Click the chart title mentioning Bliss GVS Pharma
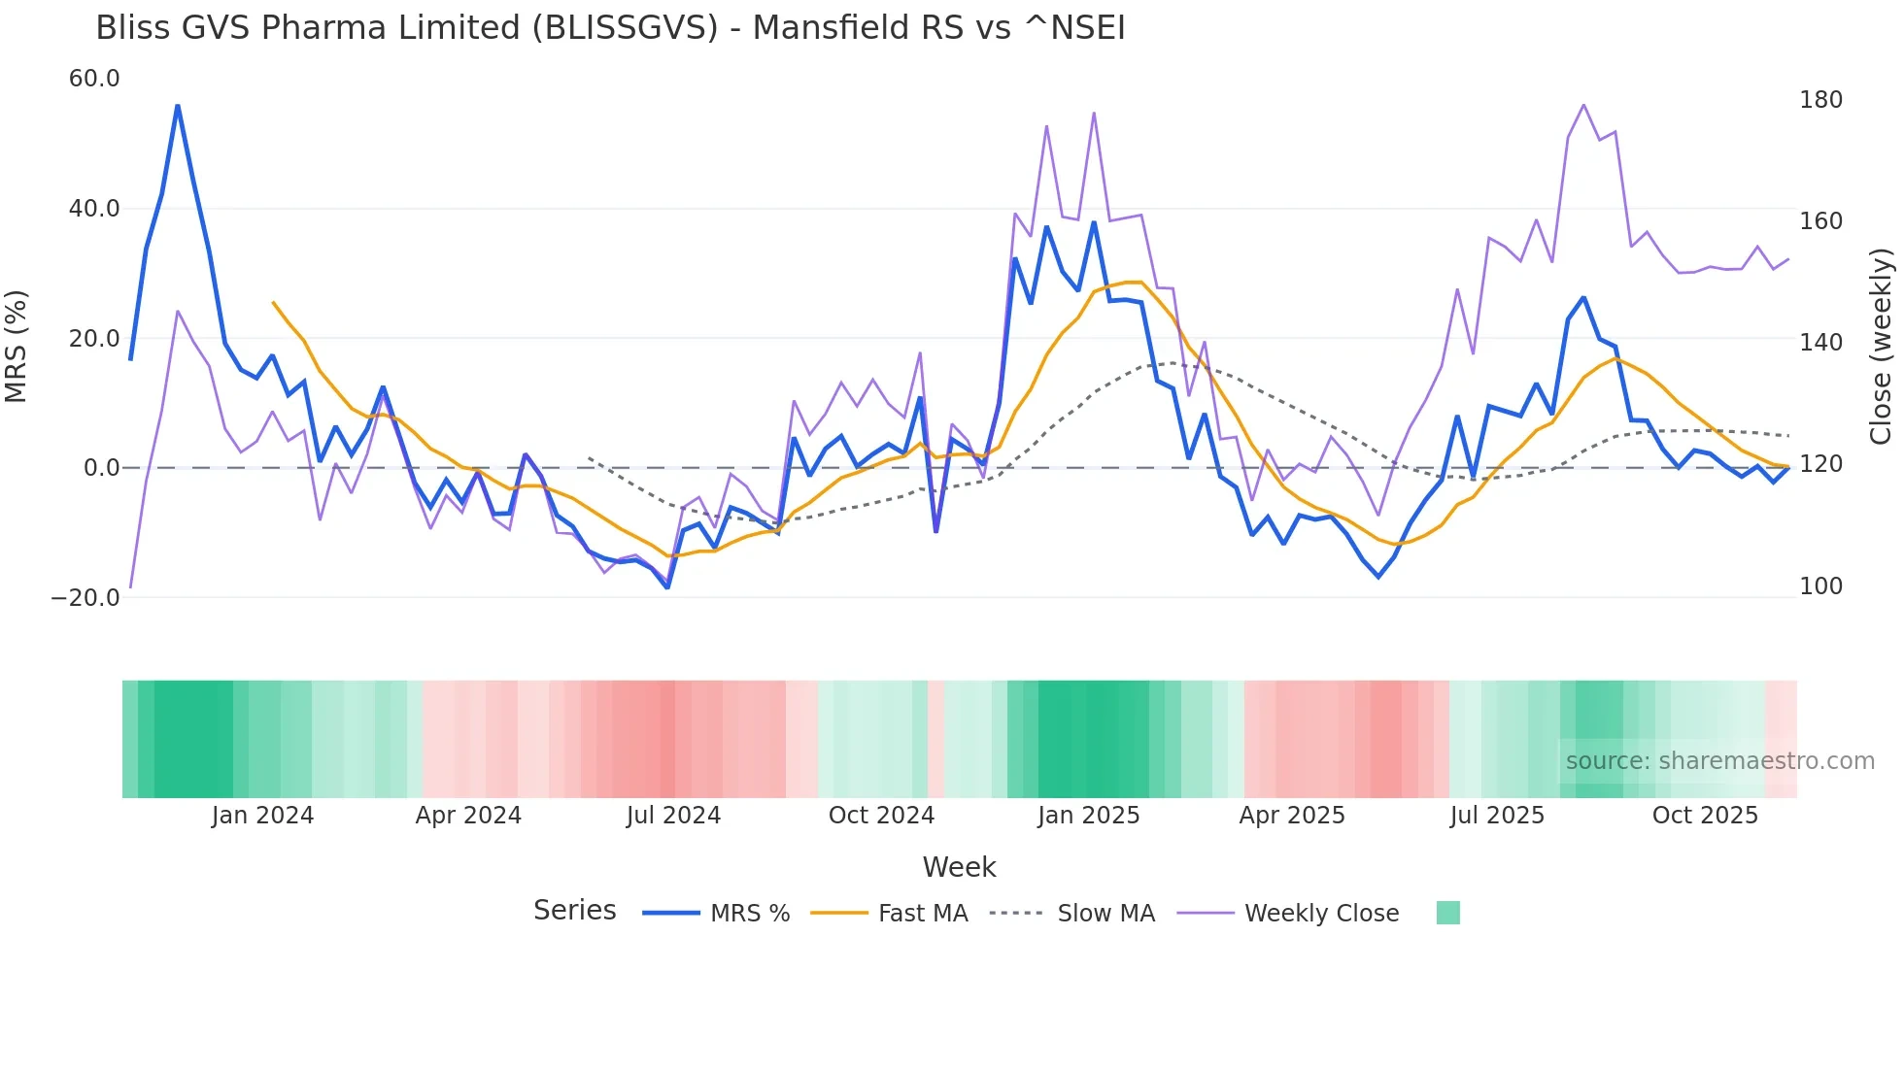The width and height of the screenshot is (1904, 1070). click(x=610, y=28)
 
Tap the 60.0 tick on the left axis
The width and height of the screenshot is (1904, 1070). click(x=94, y=79)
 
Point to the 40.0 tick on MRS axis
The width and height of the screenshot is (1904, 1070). click(x=94, y=209)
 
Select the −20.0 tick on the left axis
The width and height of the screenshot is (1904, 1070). click(x=85, y=598)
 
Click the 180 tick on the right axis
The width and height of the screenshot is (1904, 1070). click(x=1820, y=100)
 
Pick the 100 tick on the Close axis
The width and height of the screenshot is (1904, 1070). click(x=1820, y=586)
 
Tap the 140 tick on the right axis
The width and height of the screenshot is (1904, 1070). click(x=1820, y=343)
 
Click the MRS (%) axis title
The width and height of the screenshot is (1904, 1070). click(x=17, y=346)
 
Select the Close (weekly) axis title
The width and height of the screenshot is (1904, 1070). click(x=1881, y=346)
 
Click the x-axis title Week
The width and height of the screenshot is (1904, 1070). click(x=959, y=867)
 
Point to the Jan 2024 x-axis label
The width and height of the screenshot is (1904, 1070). click(x=262, y=816)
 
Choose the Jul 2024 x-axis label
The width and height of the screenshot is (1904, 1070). click(x=673, y=816)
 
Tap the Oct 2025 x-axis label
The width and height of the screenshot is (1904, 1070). click(x=1705, y=816)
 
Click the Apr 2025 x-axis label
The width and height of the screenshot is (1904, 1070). click(x=1292, y=816)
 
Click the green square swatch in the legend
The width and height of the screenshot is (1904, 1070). click(x=1447, y=913)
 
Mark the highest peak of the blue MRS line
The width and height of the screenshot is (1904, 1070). click(x=178, y=106)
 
